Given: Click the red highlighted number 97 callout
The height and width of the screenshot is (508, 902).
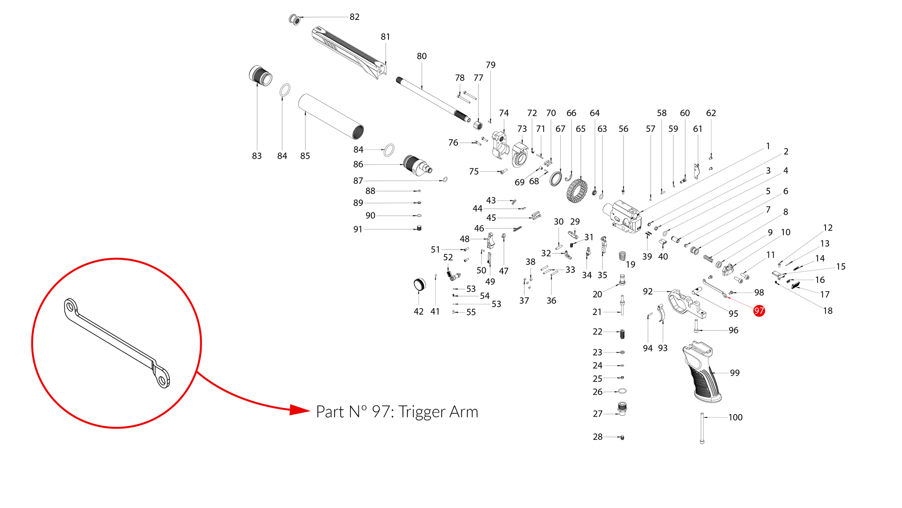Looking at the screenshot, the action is click(x=759, y=311).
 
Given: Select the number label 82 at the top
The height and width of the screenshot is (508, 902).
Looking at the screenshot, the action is click(x=355, y=17).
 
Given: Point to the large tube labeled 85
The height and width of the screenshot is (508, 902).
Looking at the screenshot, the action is click(x=330, y=116).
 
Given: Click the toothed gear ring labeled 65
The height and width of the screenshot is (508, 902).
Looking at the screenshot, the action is click(x=577, y=191).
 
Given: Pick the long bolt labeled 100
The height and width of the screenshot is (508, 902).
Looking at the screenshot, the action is click(x=702, y=428).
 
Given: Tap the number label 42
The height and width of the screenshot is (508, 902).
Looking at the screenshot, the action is click(x=419, y=312).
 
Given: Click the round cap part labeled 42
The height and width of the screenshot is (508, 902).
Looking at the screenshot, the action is click(x=419, y=284).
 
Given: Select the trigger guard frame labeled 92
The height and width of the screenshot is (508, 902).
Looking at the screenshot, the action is click(x=686, y=303).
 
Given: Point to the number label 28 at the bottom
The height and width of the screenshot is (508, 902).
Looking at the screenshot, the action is click(x=598, y=437).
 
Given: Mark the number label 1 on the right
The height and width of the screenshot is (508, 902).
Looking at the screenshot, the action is click(x=768, y=146).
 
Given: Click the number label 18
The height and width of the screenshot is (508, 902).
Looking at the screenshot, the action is click(x=828, y=311).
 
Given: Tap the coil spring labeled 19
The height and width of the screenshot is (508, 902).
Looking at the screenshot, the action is click(x=623, y=256).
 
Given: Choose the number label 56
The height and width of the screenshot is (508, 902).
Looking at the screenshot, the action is click(x=623, y=129).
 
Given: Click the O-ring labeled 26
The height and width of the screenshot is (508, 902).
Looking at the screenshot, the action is click(x=623, y=391).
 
